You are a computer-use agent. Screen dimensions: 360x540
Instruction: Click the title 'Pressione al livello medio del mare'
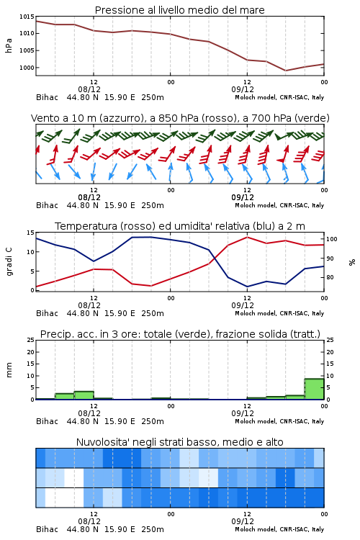pyautogui.click(x=179, y=10)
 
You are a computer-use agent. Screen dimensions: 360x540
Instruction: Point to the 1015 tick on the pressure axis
pyautogui.click(x=27, y=17)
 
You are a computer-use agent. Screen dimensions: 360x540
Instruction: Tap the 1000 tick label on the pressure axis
pyautogui.click(x=27, y=68)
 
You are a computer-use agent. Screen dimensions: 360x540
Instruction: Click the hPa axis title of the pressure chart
pyautogui.click(x=9, y=46)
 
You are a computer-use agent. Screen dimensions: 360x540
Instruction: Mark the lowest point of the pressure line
pyautogui.click(x=285, y=71)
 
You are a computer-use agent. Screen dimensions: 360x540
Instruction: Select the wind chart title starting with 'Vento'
pyautogui.click(x=180, y=118)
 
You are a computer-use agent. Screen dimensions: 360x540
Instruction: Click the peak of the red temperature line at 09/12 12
pyautogui.click(x=247, y=237)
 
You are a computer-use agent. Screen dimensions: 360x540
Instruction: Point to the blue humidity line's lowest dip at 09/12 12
pyautogui.click(x=247, y=287)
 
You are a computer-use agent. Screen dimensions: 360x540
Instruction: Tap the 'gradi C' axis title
pyautogui.click(x=9, y=261)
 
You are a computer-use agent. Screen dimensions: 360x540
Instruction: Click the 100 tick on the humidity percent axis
pyautogui.click(x=332, y=239)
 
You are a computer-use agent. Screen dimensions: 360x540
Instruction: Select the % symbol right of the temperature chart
pyautogui.click(x=352, y=262)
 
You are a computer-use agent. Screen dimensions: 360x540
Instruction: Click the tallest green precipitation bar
pyautogui.click(x=314, y=389)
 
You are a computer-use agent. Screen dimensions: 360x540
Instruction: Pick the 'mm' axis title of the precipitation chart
pyautogui.click(x=9, y=370)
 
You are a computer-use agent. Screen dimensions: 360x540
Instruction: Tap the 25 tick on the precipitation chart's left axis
pyautogui.click(x=31, y=341)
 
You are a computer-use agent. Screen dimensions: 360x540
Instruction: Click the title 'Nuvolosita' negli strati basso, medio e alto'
pyautogui.click(x=179, y=442)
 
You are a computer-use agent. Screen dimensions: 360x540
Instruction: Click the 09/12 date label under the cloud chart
pyautogui.click(x=243, y=521)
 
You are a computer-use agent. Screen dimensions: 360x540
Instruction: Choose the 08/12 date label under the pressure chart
pyautogui.click(x=89, y=89)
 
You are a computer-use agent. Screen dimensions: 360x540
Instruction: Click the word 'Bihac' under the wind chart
pyautogui.click(x=48, y=205)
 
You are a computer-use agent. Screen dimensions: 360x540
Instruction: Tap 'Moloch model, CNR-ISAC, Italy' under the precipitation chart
pyautogui.click(x=279, y=421)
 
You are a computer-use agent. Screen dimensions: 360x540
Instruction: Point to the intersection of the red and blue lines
pyautogui.click(x=215, y=258)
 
